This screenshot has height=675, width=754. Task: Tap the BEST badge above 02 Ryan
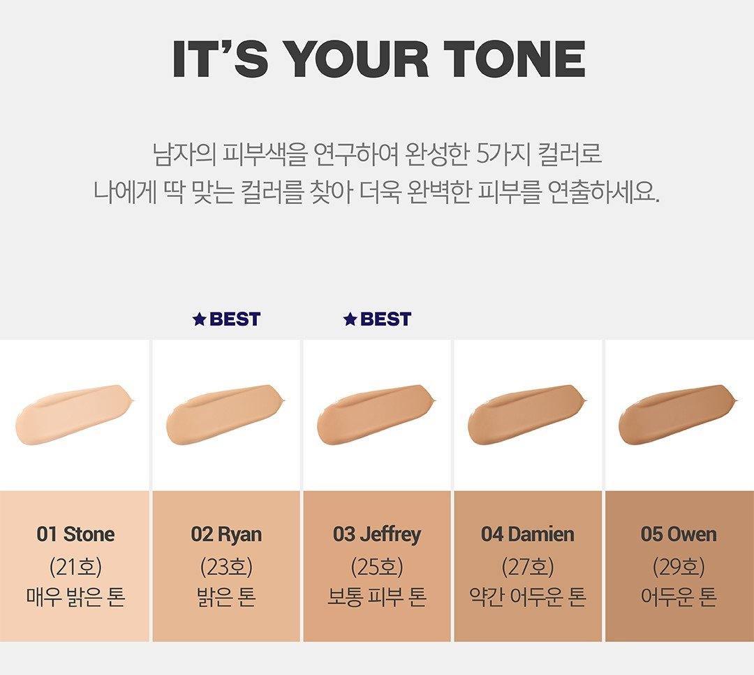[x=226, y=319]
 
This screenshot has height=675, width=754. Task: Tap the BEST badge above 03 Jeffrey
[x=377, y=319]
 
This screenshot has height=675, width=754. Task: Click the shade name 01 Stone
[x=75, y=535]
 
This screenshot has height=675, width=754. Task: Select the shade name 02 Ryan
[x=226, y=535]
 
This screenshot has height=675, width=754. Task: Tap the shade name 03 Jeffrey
[x=376, y=535]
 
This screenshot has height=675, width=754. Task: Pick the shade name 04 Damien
[x=528, y=535]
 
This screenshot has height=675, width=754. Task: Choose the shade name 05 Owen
[x=679, y=535]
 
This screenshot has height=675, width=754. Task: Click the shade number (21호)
[x=75, y=567]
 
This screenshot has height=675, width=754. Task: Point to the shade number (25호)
[x=377, y=567]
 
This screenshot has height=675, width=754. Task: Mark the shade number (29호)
[x=679, y=567]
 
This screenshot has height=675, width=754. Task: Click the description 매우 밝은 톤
[x=75, y=597]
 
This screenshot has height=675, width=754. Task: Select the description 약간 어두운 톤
[x=528, y=597]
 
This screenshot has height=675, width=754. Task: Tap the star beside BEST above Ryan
[x=199, y=319]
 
